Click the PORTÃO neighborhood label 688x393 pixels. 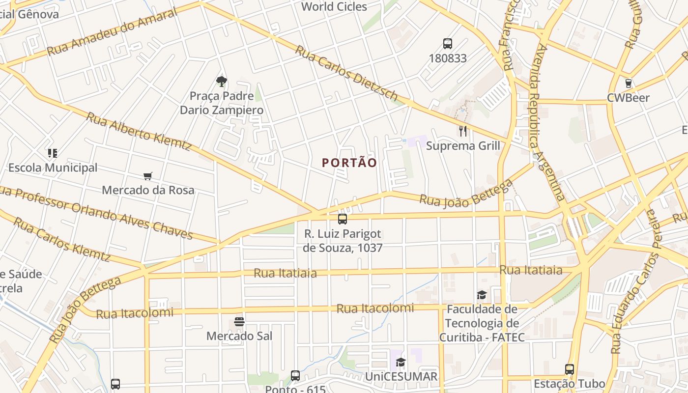(x=349, y=163)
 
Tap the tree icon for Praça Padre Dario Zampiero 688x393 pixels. (x=222, y=81)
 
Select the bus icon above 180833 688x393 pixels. (x=447, y=43)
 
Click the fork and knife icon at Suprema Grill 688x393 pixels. (x=462, y=131)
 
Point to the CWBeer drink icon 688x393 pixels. (x=628, y=83)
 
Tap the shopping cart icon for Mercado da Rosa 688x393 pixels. (x=148, y=176)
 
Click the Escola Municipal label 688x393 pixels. (x=53, y=168)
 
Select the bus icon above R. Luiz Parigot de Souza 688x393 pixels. (x=342, y=219)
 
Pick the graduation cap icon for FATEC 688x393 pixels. (x=482, y=295)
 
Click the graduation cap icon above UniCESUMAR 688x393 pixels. (x=401, y=363)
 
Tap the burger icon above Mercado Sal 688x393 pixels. (x=239, y=322)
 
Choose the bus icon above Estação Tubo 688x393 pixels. (x=569, y=369)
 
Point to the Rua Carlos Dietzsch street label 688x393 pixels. (x=346, y=73)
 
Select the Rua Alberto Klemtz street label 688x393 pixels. (x=139, y=131)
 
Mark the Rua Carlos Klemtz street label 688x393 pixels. (x=61, y=239)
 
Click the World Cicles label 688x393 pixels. (x=334, y=6)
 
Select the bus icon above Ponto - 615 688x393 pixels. (x=295, y=376)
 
